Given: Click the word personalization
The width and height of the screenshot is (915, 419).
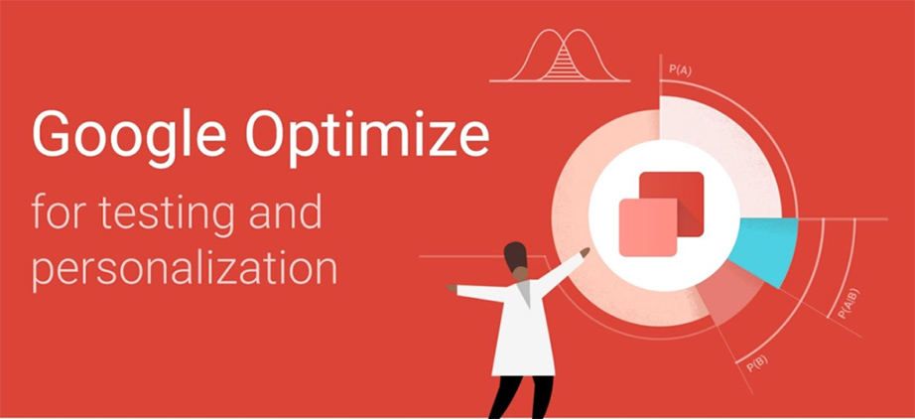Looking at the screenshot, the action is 185,269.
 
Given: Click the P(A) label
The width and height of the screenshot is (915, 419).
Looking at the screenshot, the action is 681,70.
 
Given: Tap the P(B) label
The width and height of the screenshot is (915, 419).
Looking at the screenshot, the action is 757,363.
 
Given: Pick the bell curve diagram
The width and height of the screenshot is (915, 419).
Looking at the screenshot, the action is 560,55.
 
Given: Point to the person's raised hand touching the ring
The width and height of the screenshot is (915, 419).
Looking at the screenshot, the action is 585,251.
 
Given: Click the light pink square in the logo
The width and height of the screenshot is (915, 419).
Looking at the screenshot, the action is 648,227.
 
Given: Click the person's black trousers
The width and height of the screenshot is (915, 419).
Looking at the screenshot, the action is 520,397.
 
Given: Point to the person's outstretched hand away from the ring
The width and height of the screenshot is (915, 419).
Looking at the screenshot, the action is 452,288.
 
